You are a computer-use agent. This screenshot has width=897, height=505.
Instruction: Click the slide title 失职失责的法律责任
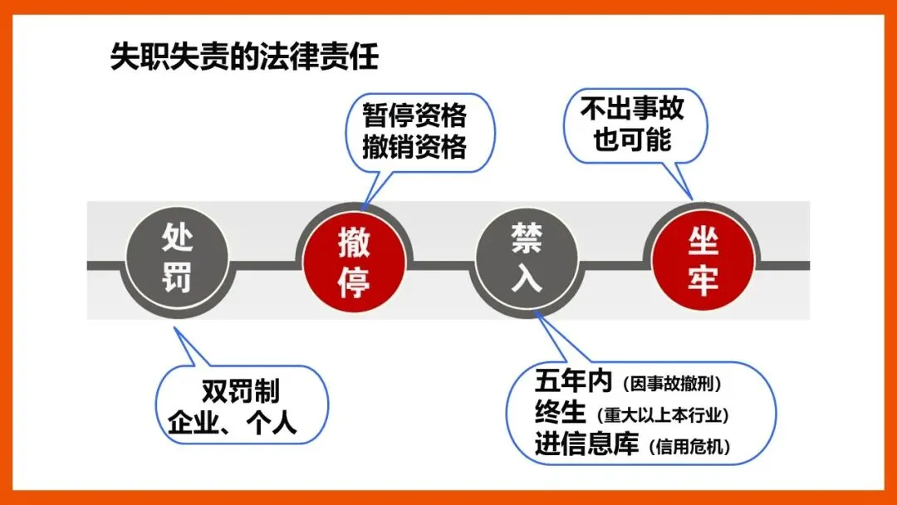(244, 59)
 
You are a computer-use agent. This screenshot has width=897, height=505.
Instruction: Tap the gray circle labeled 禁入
(526, 258)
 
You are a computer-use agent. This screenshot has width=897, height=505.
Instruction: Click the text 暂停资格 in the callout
(414, 114)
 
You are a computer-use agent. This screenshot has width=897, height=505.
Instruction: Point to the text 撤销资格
(414, 147)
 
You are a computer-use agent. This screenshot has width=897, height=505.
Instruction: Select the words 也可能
(632, 140)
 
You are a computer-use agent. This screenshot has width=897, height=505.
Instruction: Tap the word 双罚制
(240, 391)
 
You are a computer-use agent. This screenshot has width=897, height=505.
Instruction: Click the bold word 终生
(561, 413)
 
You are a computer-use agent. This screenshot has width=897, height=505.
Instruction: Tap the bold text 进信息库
(586, 445)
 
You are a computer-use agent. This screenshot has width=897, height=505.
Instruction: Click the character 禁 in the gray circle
(526, 240)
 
